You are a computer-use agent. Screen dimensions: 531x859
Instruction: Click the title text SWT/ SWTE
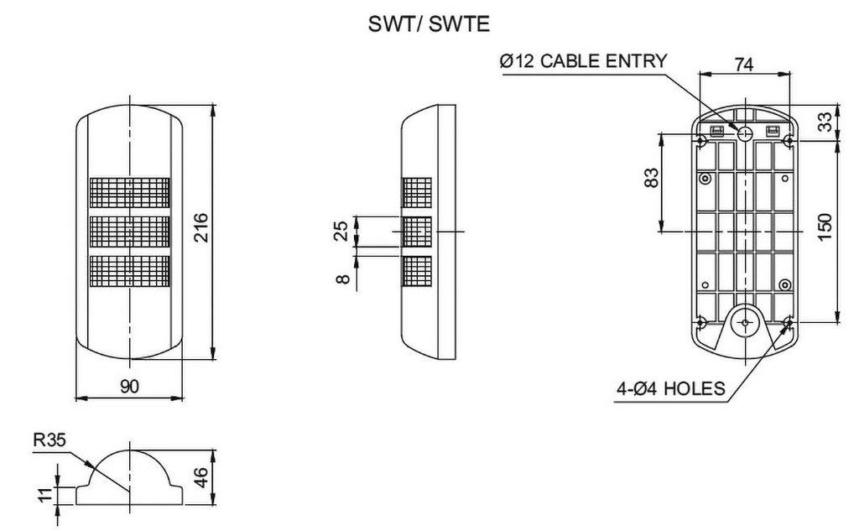point(429,24)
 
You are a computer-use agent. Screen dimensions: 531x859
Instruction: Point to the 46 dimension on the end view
point(200,478)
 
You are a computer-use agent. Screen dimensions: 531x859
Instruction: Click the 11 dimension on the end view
point(46,495)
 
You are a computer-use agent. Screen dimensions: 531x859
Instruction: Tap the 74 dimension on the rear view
point(742,64)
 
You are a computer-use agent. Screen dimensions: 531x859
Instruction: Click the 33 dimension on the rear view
point(825,122)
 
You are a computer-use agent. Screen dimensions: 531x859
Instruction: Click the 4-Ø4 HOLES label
point(670,388)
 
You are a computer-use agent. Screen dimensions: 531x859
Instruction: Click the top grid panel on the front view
point(129,193)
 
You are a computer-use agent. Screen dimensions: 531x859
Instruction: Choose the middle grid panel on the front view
point(129,232)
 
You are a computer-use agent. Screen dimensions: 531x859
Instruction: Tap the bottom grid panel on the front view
point(129,270)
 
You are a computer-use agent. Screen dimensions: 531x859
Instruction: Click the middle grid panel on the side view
point(417,231)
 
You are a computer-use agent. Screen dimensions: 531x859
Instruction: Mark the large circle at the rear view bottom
point(743,323)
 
